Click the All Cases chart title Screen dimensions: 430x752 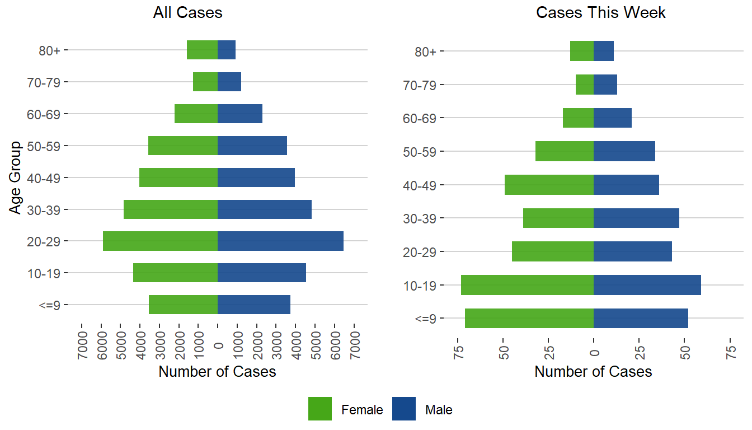pyautogui.click(x=187, y=13)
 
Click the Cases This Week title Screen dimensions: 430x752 pyautogui.click(x=600, y=13)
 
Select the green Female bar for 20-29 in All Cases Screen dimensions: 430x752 pyautogui.click(x=160, y=241)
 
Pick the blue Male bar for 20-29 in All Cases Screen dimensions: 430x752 pyautogui.click(x=280, y=241)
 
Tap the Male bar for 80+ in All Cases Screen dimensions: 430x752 pyautogui.click(x=227, y=50)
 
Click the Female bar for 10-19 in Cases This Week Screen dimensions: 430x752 pyautogui.click(x=527, y=285)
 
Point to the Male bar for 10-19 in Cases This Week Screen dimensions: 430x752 pyautogui.click(x=647, y=285)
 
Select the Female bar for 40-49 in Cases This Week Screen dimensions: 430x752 pyautogui.click(x=549, y=185)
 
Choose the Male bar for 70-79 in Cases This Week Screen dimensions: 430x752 pyautogui.click(x=605, y=85)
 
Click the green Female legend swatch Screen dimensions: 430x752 pyautogui.click(x=320, y=409)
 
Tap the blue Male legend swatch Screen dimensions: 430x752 pyautogui.click(x=404, y=409)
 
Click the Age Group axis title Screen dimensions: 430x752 pyautogui.click(x=16, y=177)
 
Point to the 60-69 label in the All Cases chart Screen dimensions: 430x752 pyautogui.click(x=47, y=114)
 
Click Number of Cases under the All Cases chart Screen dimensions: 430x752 pyautogui.click(x=217, y=372)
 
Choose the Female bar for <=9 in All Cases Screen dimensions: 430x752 pyautogui.click(x=183, y=305)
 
